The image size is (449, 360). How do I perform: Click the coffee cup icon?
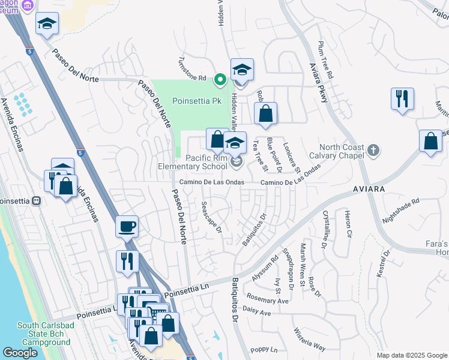tap(127, 227)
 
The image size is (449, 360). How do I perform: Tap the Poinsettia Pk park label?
tap(198, 101)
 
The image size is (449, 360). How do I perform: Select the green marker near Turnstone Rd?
tap(220, 78)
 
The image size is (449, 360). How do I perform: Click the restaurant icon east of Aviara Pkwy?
tap(402, 98)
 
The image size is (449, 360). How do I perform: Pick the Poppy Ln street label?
tap(264, 350)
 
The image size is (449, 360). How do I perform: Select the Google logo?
tap(20, 353)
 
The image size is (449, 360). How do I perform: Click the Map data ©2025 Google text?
tap(411, 355)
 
